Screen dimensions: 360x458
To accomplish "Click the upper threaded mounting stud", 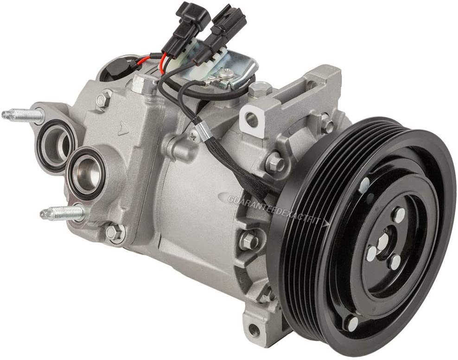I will tap(21, 114).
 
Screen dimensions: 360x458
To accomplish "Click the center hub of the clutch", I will tap(383, 243).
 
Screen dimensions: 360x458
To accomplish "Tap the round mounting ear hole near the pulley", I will tap(253, 120).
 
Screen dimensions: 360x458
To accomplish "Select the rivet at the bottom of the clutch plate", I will tap(352, 321).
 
